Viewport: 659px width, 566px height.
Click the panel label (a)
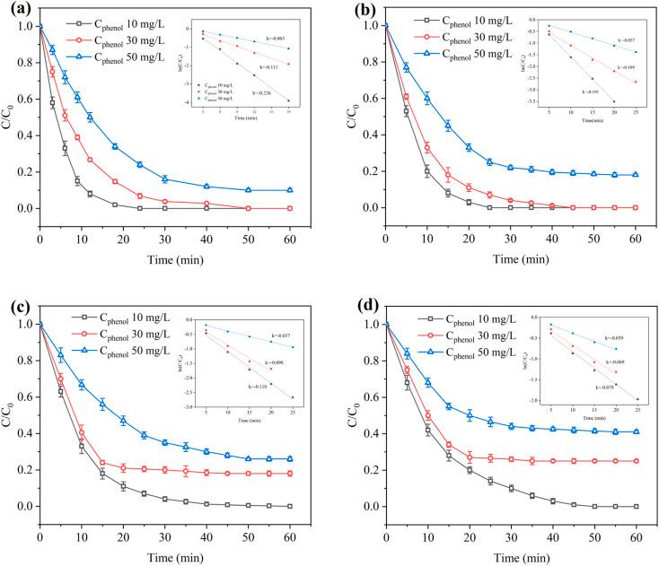tap(13, 13)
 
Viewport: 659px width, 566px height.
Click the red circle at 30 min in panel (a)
tap(164, 202)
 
